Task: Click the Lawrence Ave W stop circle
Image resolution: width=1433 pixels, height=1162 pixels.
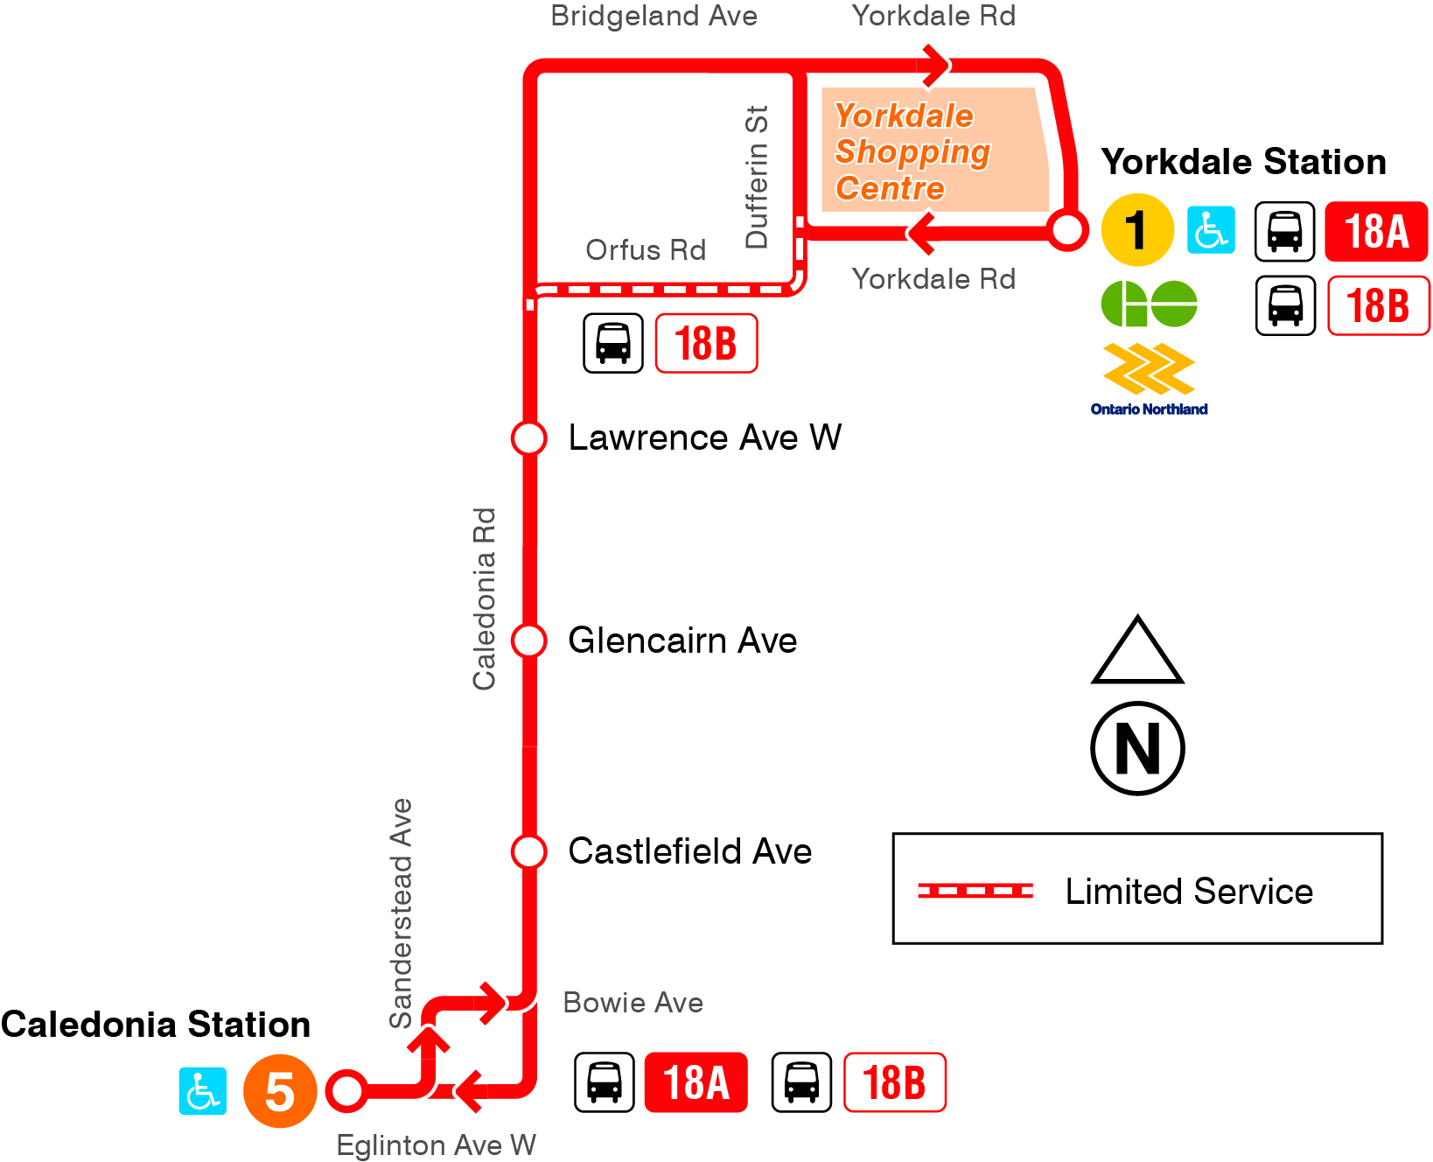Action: [529, 437]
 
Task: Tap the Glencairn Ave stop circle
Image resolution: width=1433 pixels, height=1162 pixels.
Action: [529, 640]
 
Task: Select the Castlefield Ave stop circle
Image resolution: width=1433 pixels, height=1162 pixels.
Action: [529, 850]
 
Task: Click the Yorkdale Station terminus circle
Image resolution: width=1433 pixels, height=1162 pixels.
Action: [1067, 230]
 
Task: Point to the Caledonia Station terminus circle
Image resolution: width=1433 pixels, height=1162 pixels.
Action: [346, 1090]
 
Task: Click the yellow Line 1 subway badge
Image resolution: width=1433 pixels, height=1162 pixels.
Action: [1136, 230]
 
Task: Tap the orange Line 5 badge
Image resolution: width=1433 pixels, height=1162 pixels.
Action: [279, 1090]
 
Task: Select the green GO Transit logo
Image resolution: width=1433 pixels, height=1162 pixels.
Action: [1149, 304]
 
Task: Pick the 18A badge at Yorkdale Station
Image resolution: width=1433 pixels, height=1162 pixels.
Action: [1376, 232]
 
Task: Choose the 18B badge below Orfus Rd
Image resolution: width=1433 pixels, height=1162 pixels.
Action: [706, 343]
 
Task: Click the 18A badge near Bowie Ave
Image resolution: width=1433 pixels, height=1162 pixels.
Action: [696, 1082]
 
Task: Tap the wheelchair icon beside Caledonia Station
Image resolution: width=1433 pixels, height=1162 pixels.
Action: [203, 1091]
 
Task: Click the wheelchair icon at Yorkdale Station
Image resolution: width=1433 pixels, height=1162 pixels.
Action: [1211, 230]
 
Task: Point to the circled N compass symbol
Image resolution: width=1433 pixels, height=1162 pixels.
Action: [1137, 748]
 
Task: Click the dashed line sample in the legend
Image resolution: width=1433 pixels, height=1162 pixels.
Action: [975, 891]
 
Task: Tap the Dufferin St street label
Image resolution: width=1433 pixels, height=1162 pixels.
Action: [756, 177]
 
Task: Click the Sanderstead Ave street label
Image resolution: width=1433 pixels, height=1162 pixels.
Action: [401, 913]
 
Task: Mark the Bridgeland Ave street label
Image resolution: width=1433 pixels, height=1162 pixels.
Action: [654, 16]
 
